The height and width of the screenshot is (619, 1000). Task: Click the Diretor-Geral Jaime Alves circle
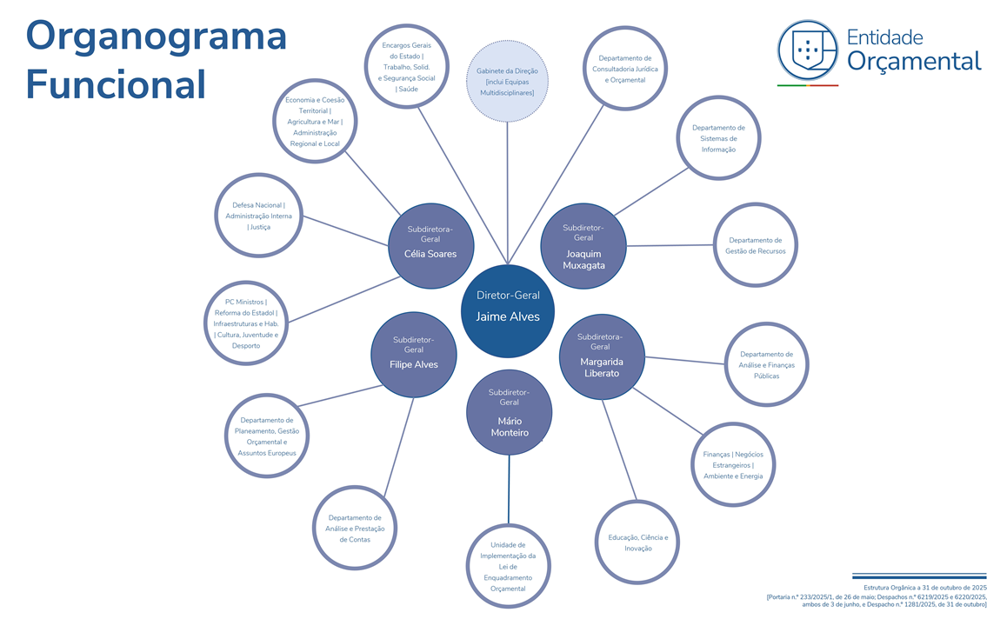508,310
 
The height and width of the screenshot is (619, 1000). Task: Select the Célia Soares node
430,246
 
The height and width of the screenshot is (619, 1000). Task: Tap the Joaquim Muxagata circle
583,247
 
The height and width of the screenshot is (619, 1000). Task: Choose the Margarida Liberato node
601,357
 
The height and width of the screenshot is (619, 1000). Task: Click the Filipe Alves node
414,355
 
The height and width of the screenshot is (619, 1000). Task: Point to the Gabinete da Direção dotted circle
507,81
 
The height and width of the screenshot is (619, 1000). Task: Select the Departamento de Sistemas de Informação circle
718,138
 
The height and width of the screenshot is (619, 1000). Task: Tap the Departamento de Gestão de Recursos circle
755,245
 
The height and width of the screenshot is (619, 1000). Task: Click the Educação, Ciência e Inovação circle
637,542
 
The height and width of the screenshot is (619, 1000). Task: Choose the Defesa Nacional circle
259,216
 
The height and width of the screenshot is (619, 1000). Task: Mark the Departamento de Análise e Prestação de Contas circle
355,528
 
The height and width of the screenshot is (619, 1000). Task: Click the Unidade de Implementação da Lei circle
509,567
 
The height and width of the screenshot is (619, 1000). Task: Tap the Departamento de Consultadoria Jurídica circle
625,69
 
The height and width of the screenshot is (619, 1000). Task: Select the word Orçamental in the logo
914,60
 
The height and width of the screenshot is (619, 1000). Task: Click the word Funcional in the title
116,84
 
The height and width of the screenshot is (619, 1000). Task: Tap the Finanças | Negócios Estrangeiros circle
733,464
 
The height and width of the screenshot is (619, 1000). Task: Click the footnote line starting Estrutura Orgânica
918,588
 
